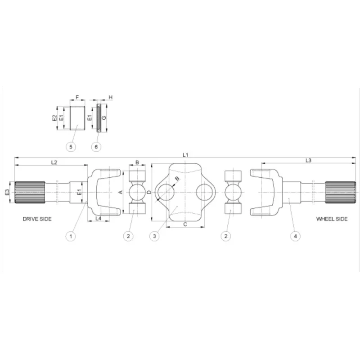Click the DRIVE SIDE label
(37, 219)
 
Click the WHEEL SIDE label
(332, 219)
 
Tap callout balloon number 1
(71, 236)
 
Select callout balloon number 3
(154, 236)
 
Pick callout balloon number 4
(296, 236)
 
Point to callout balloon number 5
(71, 147)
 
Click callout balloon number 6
(96, 147)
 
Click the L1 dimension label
(185, 155)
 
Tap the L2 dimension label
(54, 162)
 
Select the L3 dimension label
(308, 161)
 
